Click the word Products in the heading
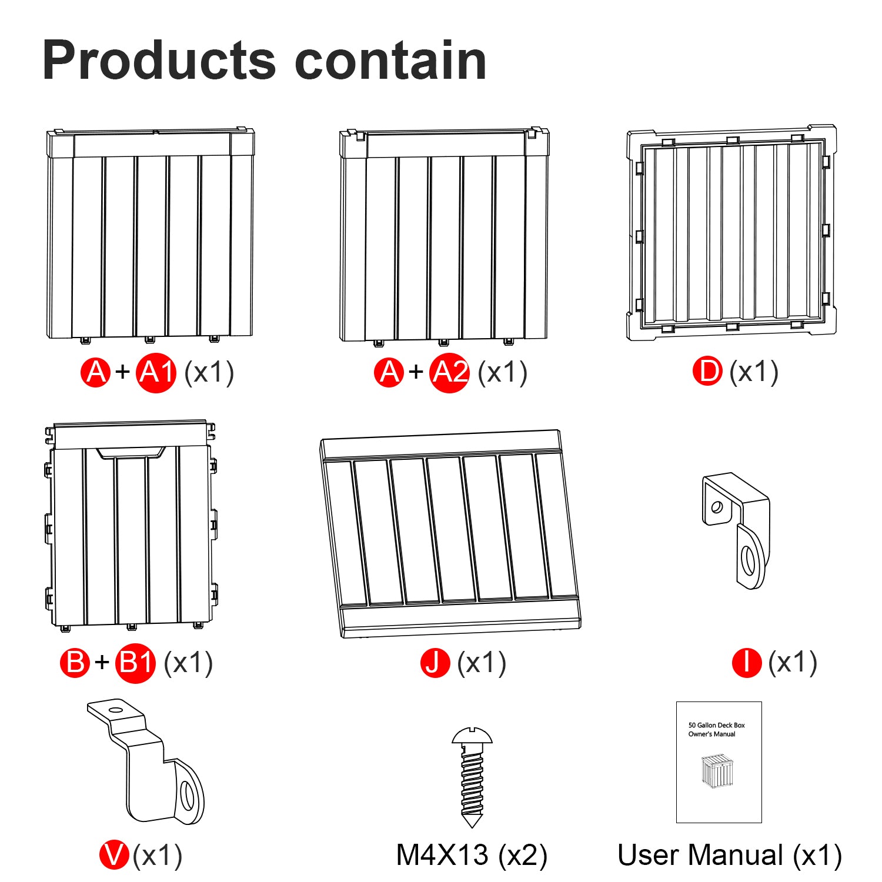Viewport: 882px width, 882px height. [x=159, y=61]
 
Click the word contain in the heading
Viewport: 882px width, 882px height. [x=390, y=61]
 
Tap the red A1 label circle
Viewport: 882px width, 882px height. [x=156, y=373]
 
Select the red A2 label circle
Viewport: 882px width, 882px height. [x=450, y=373]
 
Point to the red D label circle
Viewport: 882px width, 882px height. [x=707, y=372]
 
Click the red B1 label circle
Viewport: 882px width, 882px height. [x=136, y=663]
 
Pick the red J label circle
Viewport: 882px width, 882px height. [x=435, y=663]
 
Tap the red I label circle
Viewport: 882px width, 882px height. [x=747, y=663]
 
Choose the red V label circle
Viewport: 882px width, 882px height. [x=114, y=855]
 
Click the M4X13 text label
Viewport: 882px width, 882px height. [x=443, y=855]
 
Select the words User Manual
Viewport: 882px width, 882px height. [x=700, y=855]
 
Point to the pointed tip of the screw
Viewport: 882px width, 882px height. [x=472, y=828]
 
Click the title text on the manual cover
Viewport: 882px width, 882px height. [x=716, y=730]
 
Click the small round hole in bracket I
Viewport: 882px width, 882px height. [x=717, y=506]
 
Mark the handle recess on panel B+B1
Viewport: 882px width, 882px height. [x=131, y=453]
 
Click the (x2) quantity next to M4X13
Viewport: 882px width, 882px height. [x=523, y=856]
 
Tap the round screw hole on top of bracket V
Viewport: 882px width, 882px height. [x=116, y=710]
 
